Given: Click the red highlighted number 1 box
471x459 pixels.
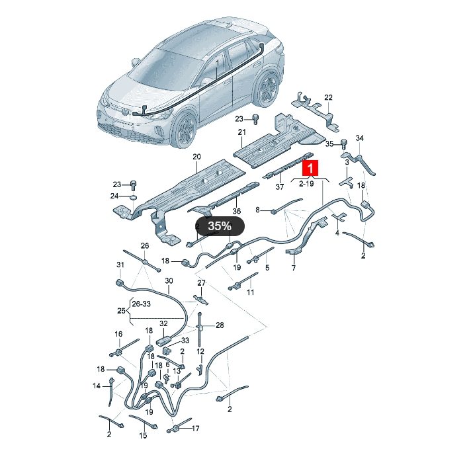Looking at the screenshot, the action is [310, 168].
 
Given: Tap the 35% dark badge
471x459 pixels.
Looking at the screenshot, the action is [220, 226].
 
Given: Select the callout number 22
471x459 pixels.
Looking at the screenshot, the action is [328, 97].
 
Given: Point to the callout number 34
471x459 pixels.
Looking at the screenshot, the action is [360, 138].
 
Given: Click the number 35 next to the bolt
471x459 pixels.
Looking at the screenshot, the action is [329, 144].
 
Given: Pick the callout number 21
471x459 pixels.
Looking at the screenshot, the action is [242, 132].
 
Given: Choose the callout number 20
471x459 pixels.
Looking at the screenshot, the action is [196, 157].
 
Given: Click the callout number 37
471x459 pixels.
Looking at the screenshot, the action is [280, 187].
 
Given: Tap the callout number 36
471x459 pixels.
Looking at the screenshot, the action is [237, 211].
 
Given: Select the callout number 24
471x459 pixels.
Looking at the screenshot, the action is [114, 196].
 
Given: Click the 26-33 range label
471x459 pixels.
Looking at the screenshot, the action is [141, 304].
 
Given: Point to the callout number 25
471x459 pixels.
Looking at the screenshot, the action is [121, 310].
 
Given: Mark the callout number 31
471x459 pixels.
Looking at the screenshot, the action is [120, 265].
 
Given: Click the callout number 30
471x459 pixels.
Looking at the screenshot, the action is [169, 280].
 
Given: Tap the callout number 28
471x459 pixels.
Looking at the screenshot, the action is [220, 325].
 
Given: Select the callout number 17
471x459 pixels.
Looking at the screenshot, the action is [196, 429].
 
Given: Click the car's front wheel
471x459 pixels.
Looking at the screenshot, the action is [186, 129].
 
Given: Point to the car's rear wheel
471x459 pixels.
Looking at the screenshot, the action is [266, 88].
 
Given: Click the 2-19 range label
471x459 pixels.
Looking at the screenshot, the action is [306, 183].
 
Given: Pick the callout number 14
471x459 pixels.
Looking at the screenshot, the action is [97, 386].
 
